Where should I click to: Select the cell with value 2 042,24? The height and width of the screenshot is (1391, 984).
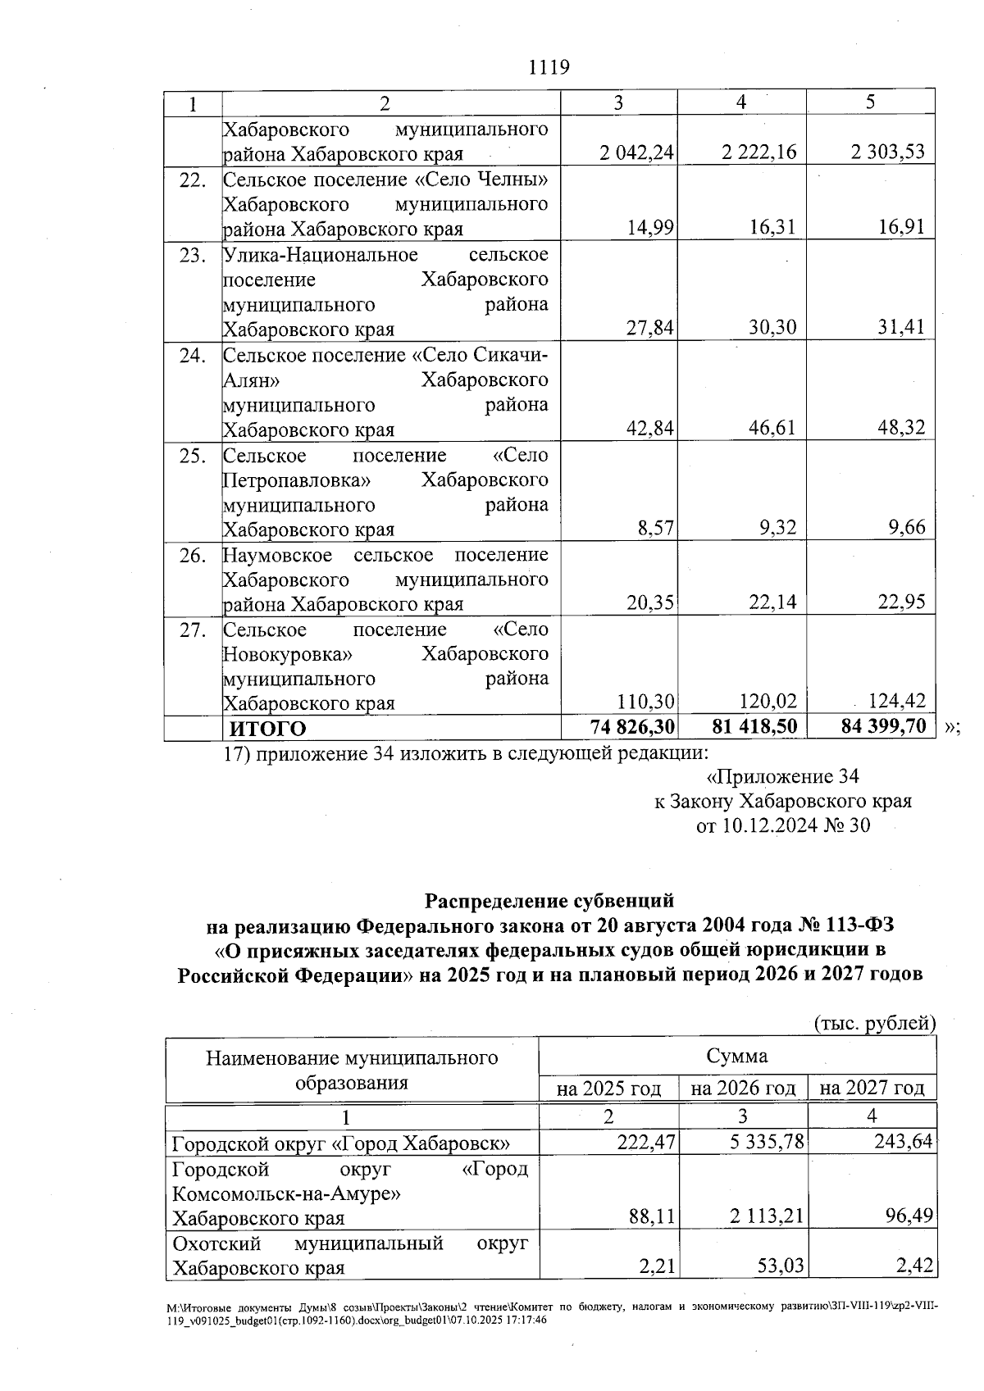tap(637, 152)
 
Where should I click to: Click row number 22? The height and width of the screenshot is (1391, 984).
tap(192, 180)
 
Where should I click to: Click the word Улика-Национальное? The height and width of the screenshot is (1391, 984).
tap(321, 255)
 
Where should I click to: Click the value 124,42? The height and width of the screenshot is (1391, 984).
tap(895, 702)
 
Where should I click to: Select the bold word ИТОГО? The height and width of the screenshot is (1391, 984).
tap(267, 729)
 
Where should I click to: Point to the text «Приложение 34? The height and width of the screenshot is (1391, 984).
tap(782, 776)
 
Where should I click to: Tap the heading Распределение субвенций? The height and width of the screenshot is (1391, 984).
tap(549, 901)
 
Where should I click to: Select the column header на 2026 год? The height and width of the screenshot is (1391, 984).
tap(743, 1089)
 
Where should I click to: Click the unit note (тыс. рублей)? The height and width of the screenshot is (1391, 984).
tap(874, 1023)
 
